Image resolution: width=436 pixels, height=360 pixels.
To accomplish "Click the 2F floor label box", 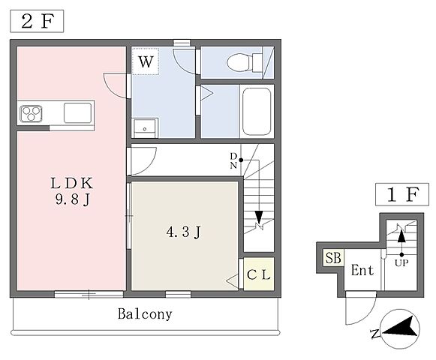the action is point(37,21).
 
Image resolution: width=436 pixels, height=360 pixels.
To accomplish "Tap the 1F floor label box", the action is point(402,194).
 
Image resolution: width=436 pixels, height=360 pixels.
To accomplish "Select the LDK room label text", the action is point(71,183).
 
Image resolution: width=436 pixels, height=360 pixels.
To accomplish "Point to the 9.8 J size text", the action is point(73,199).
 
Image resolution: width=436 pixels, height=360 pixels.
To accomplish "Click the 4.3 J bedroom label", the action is point(184,232).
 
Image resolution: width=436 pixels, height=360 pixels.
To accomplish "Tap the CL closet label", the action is point(259,275).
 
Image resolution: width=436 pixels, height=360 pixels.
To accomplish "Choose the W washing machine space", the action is point(146,61).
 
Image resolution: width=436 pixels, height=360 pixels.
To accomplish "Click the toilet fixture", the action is point(245,62).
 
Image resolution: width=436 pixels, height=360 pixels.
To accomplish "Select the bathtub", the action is point(257,112).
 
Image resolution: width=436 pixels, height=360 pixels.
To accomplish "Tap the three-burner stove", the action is point(31,114).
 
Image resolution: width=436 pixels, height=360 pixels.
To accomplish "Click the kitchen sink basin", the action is point(77,112).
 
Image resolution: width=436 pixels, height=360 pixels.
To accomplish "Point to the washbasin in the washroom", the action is point(145,128).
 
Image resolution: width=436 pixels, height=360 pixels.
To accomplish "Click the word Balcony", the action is point(145,314).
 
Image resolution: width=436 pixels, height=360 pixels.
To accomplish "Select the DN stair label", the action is point(233,160).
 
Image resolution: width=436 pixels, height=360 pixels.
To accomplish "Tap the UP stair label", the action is point(401,262).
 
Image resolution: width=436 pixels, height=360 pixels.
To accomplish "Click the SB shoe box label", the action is point(333,258).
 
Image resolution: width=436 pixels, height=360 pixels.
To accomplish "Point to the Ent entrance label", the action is point(362,270).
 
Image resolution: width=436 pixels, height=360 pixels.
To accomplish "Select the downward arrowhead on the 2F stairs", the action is point(259,217).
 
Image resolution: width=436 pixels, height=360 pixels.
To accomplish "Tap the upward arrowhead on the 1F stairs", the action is point(401,237).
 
